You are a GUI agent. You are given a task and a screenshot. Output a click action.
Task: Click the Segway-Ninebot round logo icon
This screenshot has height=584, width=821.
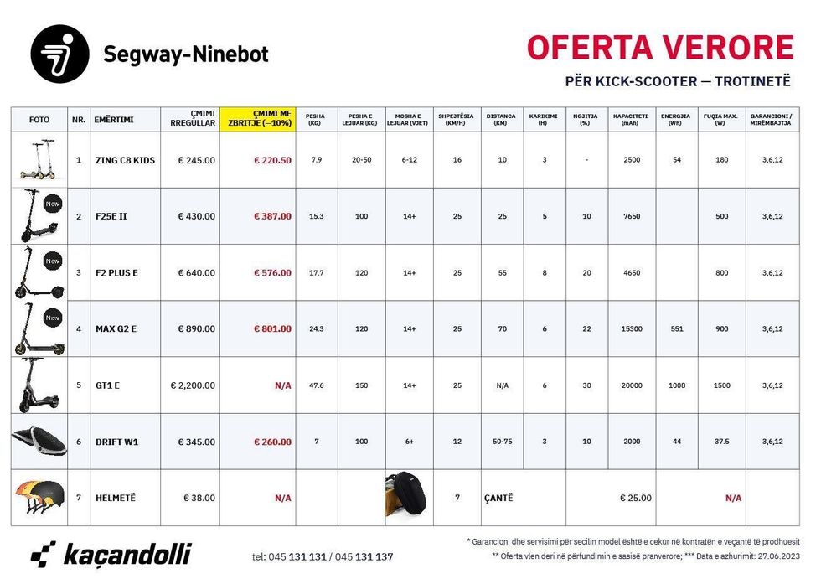[59, 54]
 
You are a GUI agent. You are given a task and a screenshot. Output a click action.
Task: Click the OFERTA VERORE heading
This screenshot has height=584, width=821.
[660, 47]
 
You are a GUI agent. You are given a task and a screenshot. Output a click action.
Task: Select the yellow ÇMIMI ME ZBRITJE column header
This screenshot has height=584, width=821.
[258, 119]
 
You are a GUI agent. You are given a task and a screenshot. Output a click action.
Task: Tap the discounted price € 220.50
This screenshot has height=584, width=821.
[272, 160]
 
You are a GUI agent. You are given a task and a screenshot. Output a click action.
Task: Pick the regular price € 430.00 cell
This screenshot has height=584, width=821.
[196, 216]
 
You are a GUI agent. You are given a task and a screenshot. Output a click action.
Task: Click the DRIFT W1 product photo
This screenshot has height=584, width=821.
[38, 440]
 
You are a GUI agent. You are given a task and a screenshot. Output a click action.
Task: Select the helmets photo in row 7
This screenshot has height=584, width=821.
[38, 497]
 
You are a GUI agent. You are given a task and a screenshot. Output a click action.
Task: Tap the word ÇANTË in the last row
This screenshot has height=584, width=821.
[498, 498]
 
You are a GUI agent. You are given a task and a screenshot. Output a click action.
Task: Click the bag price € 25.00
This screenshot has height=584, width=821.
[635, 498]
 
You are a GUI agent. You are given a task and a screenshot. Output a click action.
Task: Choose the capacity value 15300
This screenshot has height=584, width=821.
[632, 328]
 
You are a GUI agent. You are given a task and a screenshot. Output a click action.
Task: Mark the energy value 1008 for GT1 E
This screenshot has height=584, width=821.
[676, 385]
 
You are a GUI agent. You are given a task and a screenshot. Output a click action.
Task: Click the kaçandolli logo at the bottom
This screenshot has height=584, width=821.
[111, 554]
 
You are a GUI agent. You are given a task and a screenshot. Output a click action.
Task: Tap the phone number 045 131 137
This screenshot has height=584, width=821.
[363, 556]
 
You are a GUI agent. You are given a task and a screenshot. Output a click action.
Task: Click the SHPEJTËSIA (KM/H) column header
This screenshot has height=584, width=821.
[457, 119]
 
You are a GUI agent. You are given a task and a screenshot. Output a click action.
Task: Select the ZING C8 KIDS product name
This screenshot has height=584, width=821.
[125, 160]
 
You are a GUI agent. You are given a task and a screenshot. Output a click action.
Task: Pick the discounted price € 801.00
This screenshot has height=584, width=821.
[272, 328]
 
